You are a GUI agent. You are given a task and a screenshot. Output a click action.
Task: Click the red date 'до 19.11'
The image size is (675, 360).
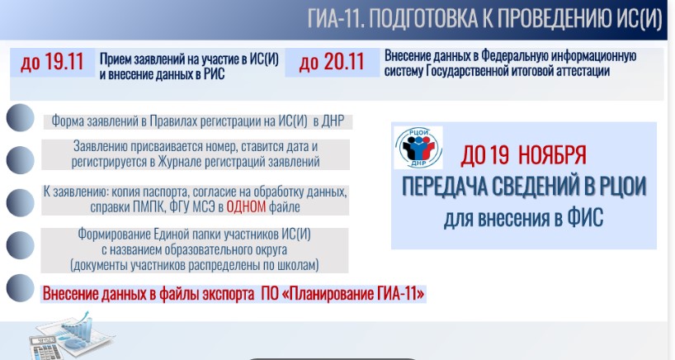coord(52,62)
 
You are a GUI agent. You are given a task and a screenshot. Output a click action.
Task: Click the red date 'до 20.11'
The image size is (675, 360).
coord(332,62)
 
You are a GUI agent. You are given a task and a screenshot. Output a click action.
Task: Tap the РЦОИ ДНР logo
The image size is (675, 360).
coord(418,147)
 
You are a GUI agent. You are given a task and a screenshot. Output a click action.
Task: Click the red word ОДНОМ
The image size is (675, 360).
coord(246,206)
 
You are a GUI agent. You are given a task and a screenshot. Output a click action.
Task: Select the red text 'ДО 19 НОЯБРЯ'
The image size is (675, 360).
coord(523,155)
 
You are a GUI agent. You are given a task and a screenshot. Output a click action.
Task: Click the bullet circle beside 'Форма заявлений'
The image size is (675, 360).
coord(21,117)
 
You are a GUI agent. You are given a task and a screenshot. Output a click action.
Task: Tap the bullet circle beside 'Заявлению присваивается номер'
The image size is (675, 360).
coord(21,159)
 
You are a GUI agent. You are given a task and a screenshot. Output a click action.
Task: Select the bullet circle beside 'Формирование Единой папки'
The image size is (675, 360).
coord(21,245)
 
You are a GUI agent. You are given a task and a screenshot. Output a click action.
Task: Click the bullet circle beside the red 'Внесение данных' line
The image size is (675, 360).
coord(21,287)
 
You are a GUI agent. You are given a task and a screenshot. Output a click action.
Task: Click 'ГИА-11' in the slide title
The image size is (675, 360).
coord(335,19)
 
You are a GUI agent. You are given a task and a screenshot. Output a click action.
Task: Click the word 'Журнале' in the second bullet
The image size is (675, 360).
coord(180,162)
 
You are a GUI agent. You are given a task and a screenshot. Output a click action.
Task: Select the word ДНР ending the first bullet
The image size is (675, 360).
coord(333,121)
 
